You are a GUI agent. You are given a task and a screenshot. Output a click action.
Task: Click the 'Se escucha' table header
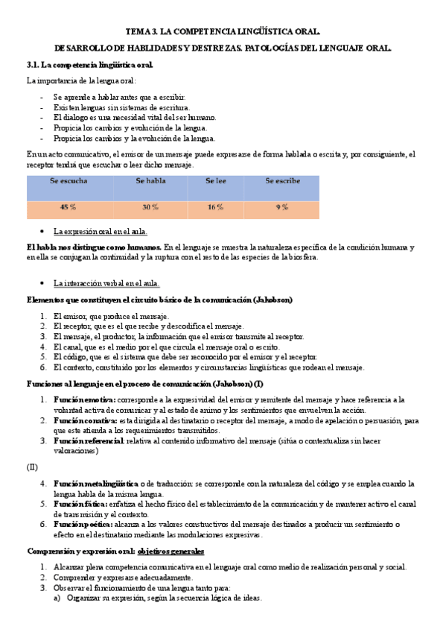pyautogui.click(x=66, y=182)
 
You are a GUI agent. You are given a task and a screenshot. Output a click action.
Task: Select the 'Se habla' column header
pyautogui.click(x=150, y=182)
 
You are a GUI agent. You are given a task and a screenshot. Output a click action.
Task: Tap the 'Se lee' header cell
pyautogui.click(x=216, y=182)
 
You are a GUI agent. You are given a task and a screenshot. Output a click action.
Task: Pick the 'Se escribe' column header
pyautogui.click(x=282, y=182)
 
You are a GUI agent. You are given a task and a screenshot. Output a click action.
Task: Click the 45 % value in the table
pyautogui.click(x=68, y=206)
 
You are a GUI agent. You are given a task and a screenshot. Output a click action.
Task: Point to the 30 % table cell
pyautogui.click(x=150, y=206)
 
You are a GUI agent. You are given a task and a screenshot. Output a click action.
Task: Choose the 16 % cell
pyautogui.click(x=216, y=206)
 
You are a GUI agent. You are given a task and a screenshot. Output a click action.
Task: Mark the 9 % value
pyautogui.click(x=281, y=206)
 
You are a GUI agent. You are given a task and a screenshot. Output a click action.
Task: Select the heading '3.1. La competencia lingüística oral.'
pyautogui.click(x=89, y=65)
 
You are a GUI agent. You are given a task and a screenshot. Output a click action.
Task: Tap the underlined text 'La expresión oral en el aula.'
pyautogui.click(x=101, y=232)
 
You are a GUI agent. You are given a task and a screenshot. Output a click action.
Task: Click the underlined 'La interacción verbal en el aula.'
pyautogui.click(x=106, y=283)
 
